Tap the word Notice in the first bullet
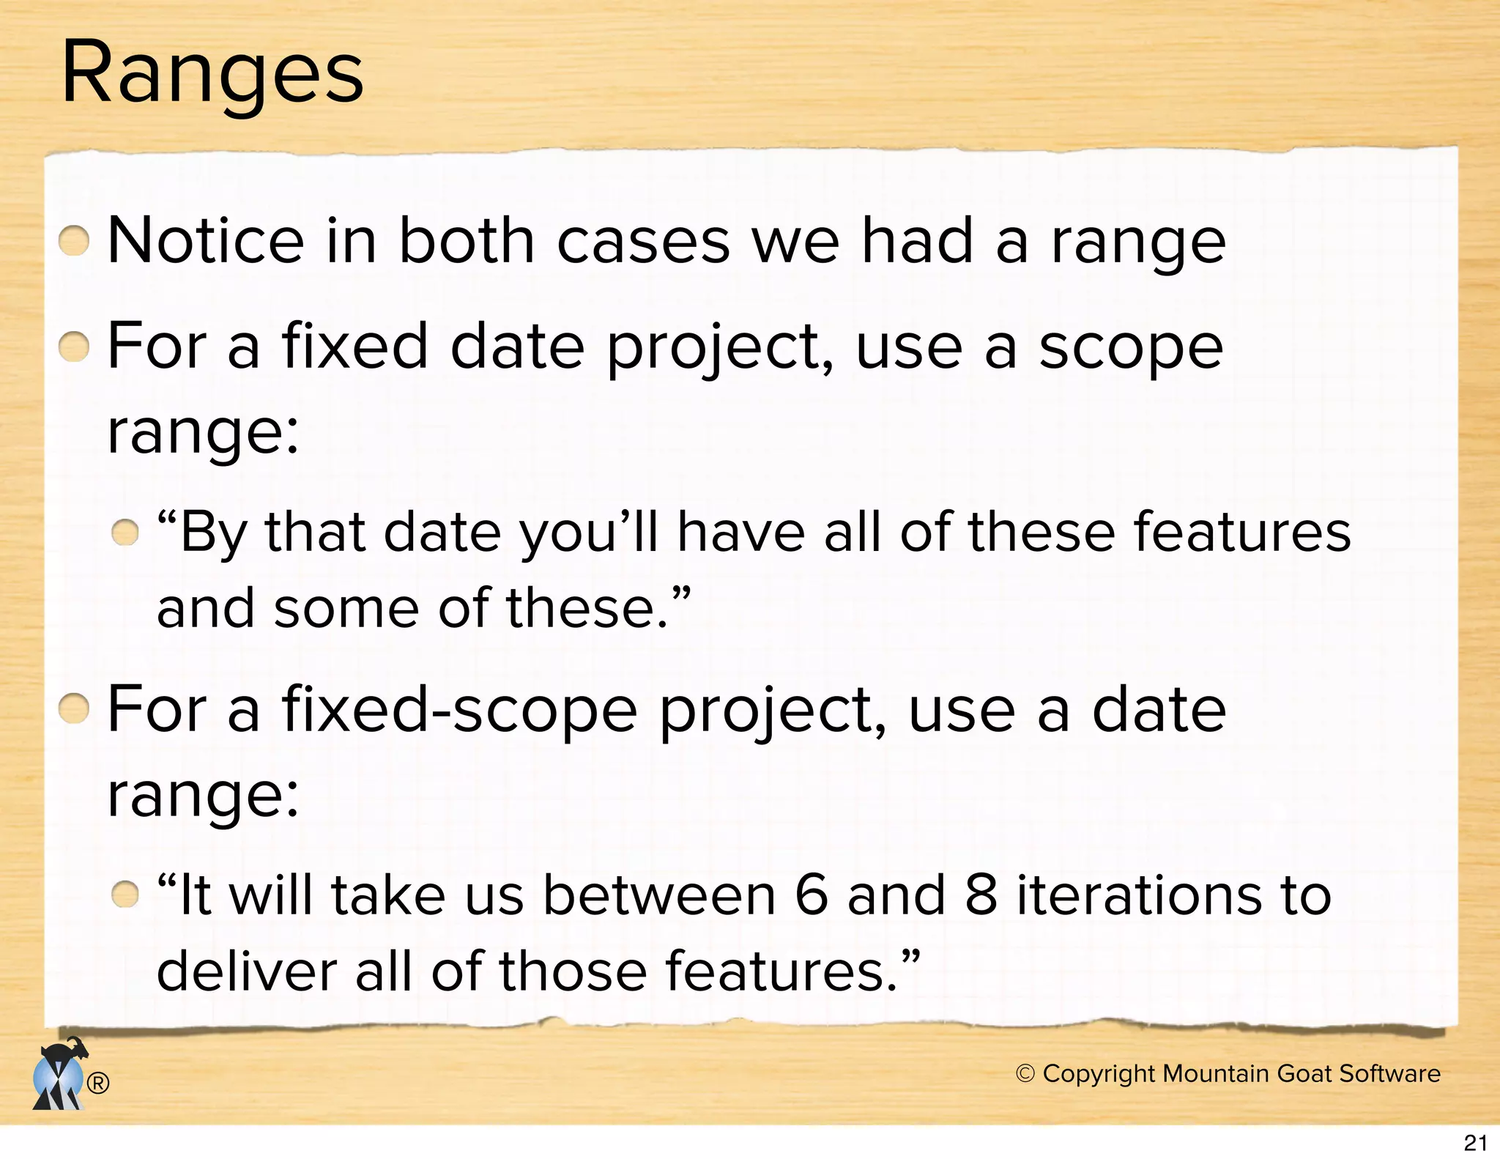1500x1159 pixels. [206, 241]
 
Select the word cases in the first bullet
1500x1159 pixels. [643, 241]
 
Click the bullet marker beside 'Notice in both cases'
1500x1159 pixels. [74, 241]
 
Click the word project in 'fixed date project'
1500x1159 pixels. [719, 348]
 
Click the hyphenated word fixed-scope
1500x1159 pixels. [459, 710]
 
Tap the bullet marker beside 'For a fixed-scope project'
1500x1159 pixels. [74, 709]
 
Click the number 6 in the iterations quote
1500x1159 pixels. [811, 895]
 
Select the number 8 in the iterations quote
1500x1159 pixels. [981, 895]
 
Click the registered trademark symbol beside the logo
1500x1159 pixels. [98, 1084]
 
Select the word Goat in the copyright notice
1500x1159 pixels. [1305, 1073]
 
